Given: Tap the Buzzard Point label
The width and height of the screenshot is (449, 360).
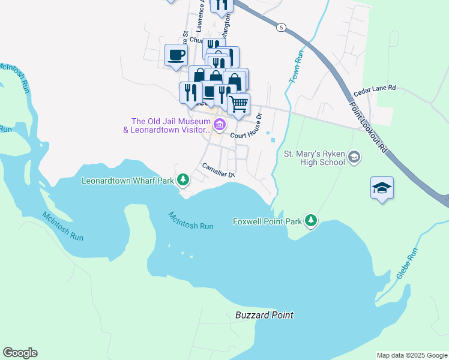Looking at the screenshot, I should [x=264, y=315].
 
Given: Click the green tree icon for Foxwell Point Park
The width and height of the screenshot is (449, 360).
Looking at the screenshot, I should [x=310, y=221].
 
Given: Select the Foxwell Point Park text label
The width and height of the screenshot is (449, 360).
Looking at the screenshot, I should [x=267, y=222].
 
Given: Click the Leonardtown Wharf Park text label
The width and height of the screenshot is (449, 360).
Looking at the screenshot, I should [x=127, y=180].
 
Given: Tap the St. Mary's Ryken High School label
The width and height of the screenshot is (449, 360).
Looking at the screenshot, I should [x=314, y=158].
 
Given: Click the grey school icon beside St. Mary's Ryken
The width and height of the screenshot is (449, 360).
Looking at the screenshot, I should [x=355, y=157].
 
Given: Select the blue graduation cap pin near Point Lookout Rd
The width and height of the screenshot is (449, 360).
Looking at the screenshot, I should [x=382, y=188].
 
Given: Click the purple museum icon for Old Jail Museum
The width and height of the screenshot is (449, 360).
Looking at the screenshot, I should [x=220, y=125].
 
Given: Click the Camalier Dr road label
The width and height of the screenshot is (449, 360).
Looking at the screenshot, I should [x=217, y=170].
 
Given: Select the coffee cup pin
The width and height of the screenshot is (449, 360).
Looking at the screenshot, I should [x=176, y=55].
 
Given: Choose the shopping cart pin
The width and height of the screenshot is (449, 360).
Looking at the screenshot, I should [x=239, y=104].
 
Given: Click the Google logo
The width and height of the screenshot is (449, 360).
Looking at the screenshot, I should [x=20, y=353].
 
